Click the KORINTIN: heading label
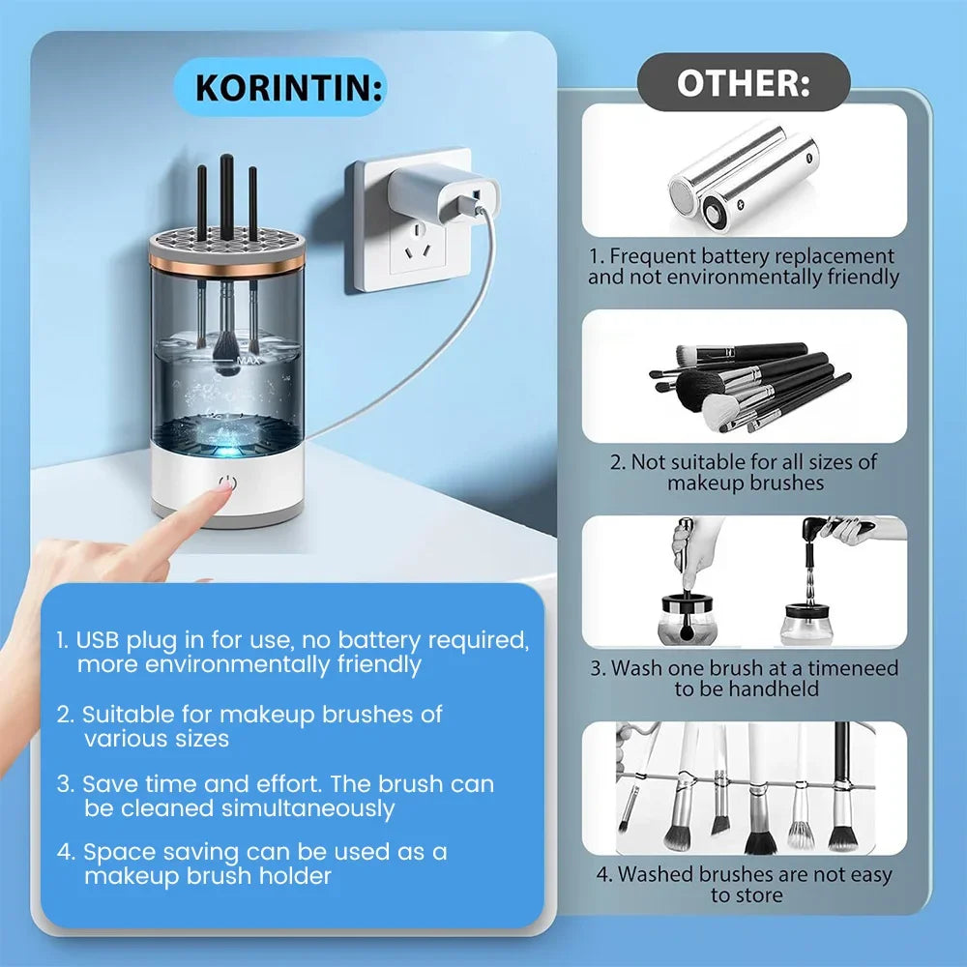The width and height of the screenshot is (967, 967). (289, 88)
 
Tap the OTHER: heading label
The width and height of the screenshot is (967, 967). (743, 82)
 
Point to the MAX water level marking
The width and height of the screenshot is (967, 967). (248, 360)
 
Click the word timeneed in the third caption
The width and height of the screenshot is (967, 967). (853, 668)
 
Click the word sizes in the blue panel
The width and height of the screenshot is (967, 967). (200, 739)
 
